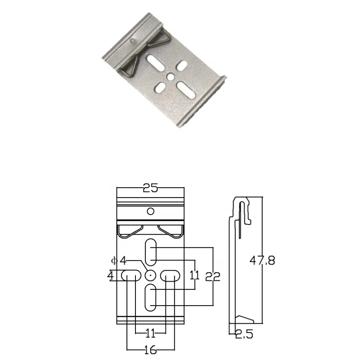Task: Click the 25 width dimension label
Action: pos(150,188)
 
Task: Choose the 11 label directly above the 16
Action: pos(150,333)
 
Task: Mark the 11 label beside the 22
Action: pos(194,275)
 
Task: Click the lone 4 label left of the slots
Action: pos(111,275)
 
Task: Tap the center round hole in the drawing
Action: pos(150,275)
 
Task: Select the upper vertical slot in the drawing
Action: pos(150,252)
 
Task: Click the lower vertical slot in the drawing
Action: pos(150,297)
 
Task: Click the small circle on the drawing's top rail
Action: pos(151,211)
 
